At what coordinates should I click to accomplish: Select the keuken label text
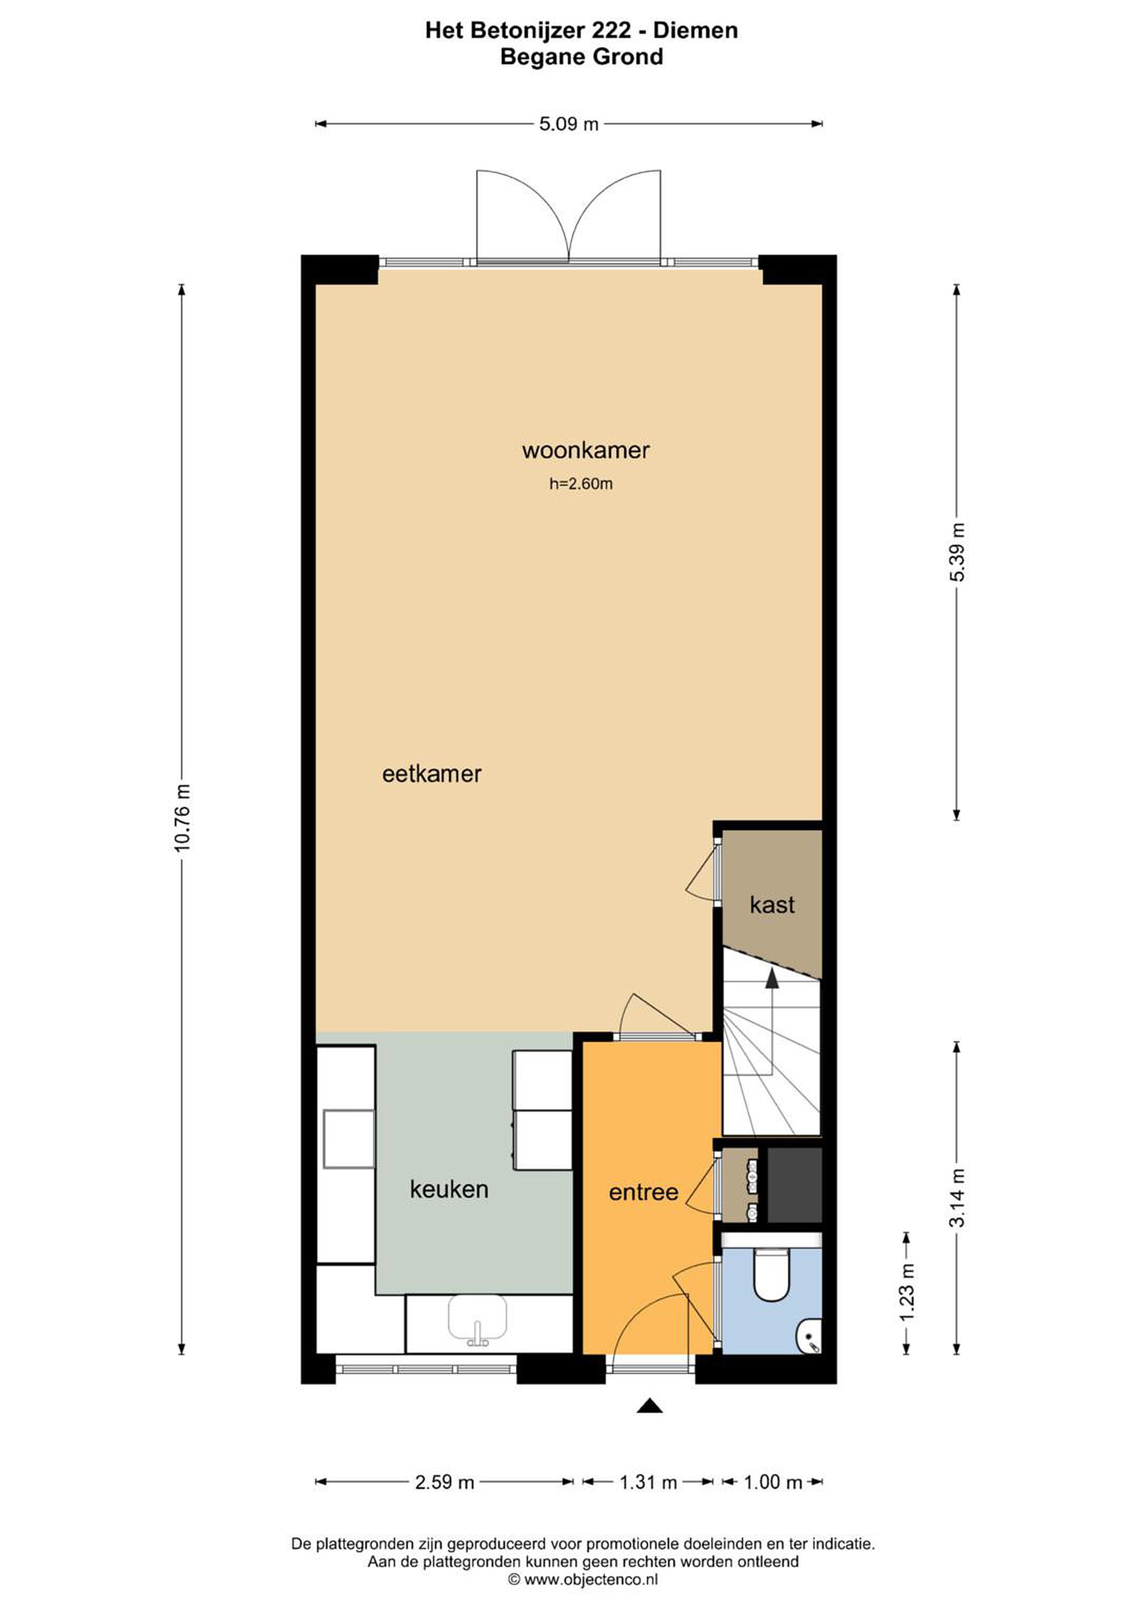point(449,1190)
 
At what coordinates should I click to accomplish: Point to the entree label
point(644,1193)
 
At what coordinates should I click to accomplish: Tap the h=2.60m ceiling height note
point(581,484)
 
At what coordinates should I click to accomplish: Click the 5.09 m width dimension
point(568,124)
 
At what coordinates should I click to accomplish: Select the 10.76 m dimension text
point(182,818)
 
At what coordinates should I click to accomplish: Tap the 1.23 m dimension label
point(907,1292)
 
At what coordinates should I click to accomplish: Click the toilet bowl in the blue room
point(771,1276)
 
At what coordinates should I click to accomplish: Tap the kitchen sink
point(477,1321)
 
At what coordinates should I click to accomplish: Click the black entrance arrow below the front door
point(649,1406)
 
